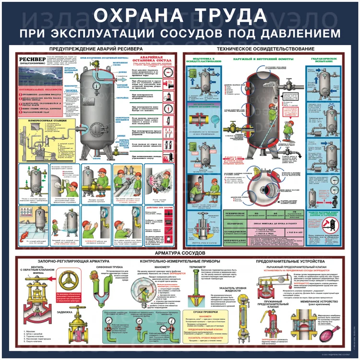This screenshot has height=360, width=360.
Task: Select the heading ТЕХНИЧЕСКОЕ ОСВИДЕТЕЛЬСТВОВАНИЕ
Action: coord(265,49)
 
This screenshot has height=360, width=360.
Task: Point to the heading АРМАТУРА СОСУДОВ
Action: coord(180,252)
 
